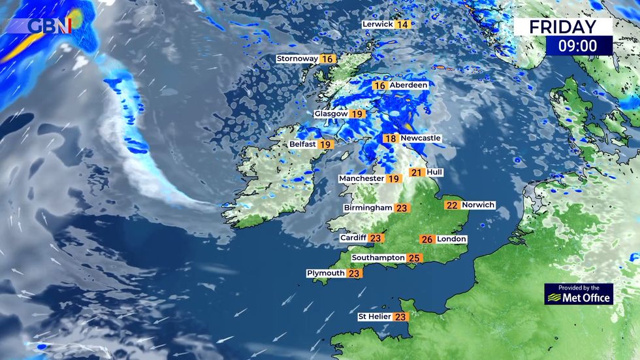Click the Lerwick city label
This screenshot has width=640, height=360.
378,25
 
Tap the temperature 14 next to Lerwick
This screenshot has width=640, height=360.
402,25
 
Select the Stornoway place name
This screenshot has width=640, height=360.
297,59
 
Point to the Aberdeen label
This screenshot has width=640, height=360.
409,86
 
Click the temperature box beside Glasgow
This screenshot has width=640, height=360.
357,114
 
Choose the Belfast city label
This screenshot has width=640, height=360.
303,144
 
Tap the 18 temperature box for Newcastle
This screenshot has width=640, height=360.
391,139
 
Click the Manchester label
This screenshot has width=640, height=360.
361,178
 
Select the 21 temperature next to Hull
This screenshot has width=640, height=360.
417,172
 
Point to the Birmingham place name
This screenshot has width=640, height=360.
368,208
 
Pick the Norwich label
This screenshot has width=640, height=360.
478,205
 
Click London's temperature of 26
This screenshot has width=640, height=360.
427,239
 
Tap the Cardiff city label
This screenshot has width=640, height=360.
353,238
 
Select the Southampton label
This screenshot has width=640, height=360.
378,258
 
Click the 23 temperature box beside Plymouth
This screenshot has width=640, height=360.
354,274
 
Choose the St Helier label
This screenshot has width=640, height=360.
374,317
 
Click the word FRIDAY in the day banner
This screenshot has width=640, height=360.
562,27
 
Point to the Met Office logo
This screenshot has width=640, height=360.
579,295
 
